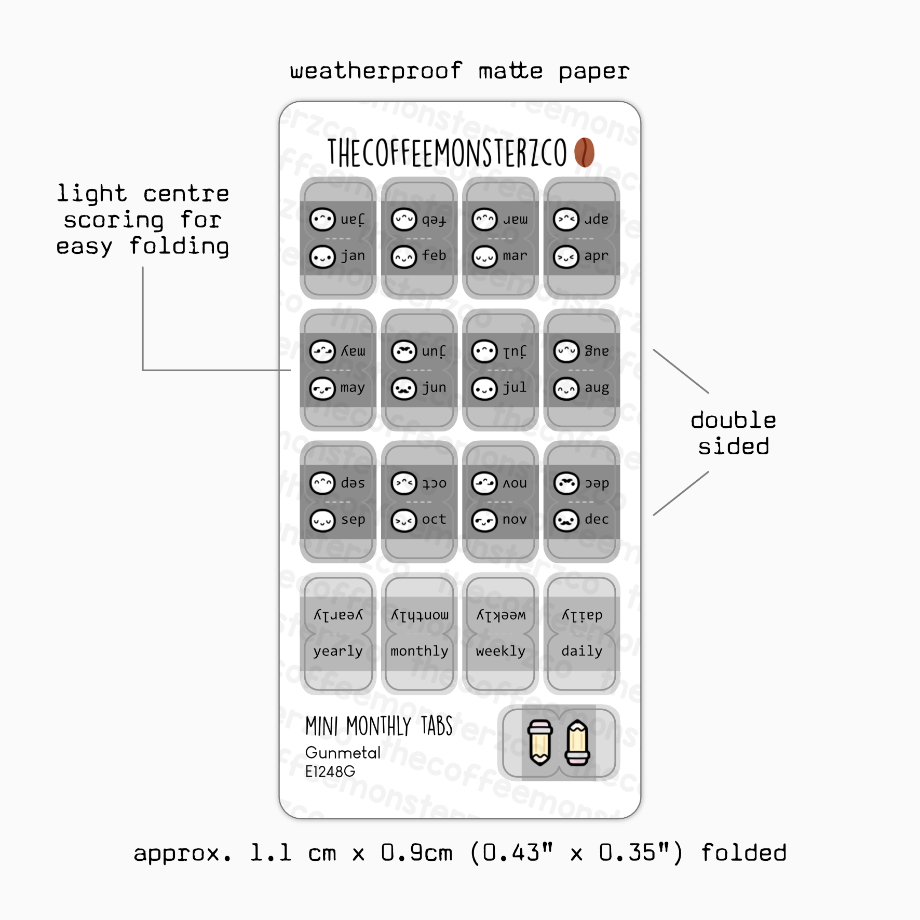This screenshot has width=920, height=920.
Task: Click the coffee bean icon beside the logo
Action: pyautogui.click(x=584, y=152)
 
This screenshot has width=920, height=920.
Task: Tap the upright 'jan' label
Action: pyautogui.click(x=353, y=256)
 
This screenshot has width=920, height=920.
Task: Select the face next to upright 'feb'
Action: pyautogui.click(x=403, y=257)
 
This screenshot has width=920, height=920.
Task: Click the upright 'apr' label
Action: pyautogui.click(x=596, y=256)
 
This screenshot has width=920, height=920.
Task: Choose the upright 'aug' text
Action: pyautogui.click(x=597, y=388)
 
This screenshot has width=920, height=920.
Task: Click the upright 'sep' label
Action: pyautogui.click(x=353, y=520)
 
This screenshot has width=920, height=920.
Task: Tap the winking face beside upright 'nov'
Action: pyautogui.click(x=484, y=520)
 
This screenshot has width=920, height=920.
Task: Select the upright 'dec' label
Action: pyautogui.click(x=597, y=519)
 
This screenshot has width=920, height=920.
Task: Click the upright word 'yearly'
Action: pyautogui.click(x=338, y=652)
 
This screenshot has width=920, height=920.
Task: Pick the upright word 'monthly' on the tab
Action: pyautogui.click(x=419, y=651)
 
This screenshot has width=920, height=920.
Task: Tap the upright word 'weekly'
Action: pyautogui.click(x=500, y=651)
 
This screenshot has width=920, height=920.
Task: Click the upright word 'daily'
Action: pyautogui.click(x=581, y=651)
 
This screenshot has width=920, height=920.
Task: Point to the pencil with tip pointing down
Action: pyautogui.click(x=540, y=742)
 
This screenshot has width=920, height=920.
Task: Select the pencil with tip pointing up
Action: pyautogui.click(x=577, y=742)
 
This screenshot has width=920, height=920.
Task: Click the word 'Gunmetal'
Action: pyautogui.click(x=343, y=752)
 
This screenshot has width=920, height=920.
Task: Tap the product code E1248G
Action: pyautogui.click(x=330, y=772)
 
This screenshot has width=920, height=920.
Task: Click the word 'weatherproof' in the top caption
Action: pyautogui.click(x=376, y=71)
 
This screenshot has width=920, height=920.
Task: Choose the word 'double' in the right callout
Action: pyautogui.click(x=733, y=420)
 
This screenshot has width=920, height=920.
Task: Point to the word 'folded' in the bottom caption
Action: pyautogui.click(x=743, y=853)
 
